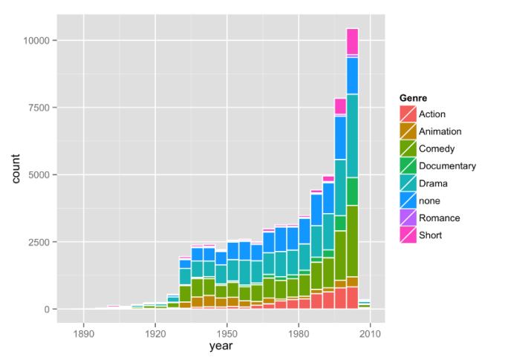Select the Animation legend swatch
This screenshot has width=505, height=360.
408,131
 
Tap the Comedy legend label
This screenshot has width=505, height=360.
437,149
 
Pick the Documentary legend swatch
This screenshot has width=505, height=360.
408,166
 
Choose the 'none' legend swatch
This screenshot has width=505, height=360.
408,200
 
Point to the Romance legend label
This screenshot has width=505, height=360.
439,218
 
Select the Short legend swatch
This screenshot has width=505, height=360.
408,235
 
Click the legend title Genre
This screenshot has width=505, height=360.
413,98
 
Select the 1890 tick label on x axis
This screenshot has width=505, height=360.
83,333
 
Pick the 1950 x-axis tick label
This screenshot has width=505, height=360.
227,333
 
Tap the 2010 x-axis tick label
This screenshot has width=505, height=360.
370,333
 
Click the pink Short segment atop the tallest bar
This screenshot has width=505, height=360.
352,41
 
